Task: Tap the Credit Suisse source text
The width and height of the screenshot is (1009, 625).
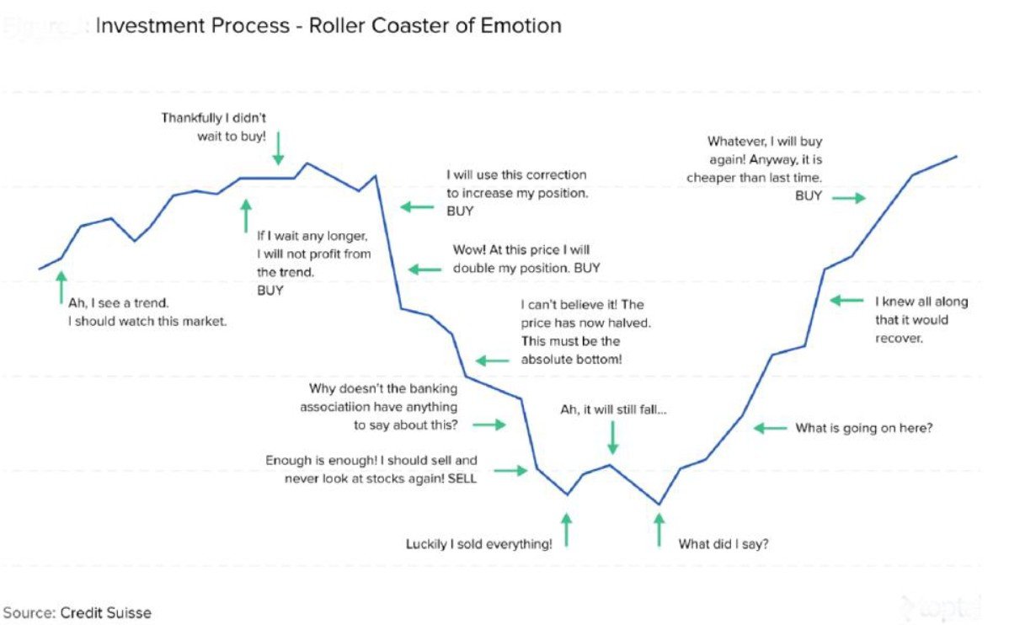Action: point(77,612)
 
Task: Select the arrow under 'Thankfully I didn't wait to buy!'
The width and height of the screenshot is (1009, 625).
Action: point(279,146)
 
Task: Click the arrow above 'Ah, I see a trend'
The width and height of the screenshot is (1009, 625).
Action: point(61,286)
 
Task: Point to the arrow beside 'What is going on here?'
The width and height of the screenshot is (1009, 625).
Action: point(771,428)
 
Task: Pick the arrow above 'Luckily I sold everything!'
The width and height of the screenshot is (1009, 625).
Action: point(566,531)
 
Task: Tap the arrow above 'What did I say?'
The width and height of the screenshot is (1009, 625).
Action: point(659,531)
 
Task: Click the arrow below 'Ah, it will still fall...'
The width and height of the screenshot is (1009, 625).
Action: point(613,437)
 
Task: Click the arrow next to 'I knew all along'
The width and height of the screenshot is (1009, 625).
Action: point(846,301)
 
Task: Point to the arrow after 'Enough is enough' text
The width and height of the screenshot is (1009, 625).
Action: point(510,470)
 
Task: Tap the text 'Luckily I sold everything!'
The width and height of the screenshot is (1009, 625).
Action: point(479,544)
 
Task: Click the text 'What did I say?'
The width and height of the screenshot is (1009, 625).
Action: point(723,544)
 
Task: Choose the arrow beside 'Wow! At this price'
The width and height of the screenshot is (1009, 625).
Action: point(424,270)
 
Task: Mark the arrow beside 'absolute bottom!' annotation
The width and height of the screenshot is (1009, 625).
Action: point(492,361)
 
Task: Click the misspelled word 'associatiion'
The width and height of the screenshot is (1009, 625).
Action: point(334,407)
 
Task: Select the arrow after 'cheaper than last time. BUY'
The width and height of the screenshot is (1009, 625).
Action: point(849,198)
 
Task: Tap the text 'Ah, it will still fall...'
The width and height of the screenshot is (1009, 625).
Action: point(613,409)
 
